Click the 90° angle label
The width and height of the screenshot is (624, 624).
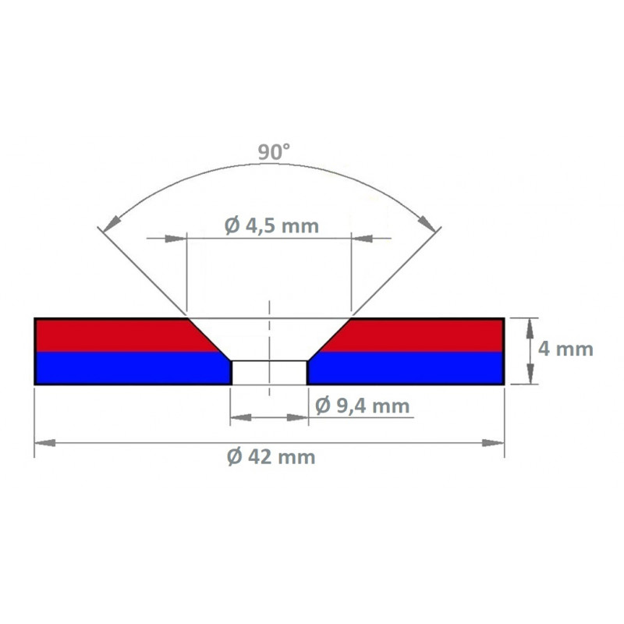pyautogui.click(x=274, y=153)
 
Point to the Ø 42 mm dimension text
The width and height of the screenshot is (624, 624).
pyautogui.click(x=271, y=458)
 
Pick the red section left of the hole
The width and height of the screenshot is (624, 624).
pyautogui.click(x=117, y=335)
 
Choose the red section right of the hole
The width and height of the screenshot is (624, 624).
pyautogui.click(x=421, y=335)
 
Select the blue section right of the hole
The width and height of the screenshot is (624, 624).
pyautogui.click(x=406, y=368)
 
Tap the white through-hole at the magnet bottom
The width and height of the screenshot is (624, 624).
pyautogui.click(x=269, y=372)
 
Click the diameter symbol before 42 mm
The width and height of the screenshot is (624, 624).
pyautogui.click(x=234, y=458)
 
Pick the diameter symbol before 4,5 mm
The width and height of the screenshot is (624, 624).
pyautogui.click(x=232, y=226)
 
